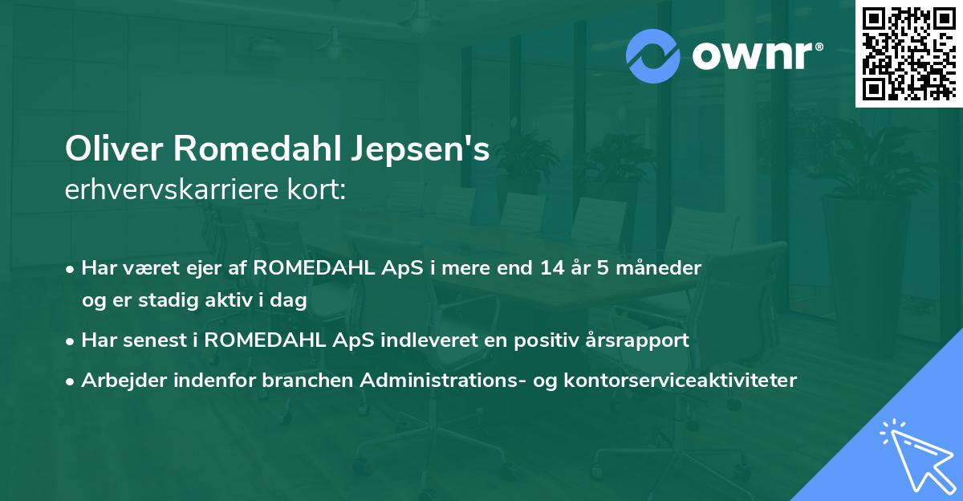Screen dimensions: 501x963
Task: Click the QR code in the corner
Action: click(908, 53)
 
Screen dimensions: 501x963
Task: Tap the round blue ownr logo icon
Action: click(654, 55)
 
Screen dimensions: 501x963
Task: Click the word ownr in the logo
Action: click(750, 56)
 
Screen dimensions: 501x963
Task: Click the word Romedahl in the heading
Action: click(251, 151)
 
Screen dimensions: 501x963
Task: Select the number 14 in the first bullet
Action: click(551, 268)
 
